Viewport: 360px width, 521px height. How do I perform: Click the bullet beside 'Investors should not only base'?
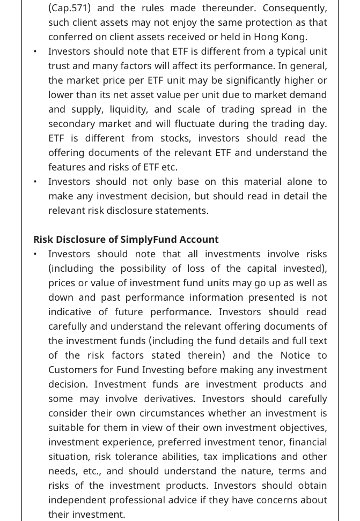[35, 182]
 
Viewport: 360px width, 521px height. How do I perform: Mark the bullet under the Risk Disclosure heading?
[35, 255]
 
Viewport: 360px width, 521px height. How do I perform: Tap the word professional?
[145, 500]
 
